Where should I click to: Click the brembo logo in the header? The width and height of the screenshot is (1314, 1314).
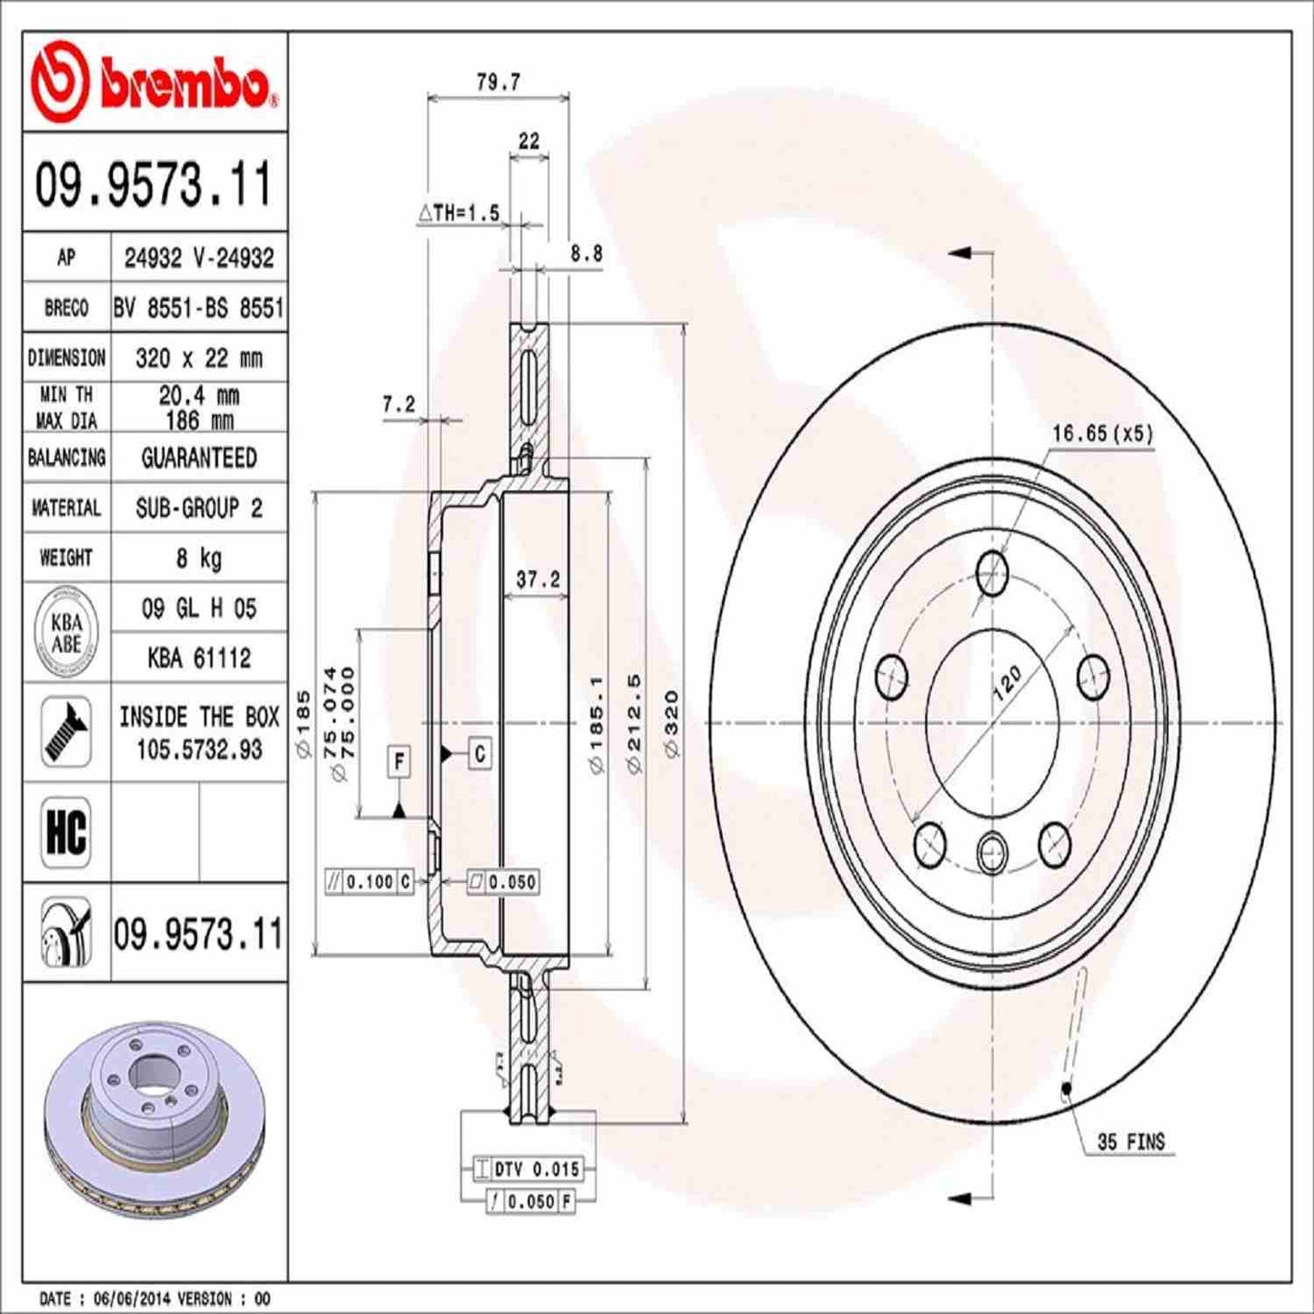153,82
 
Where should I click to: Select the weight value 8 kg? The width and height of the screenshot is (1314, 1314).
198,557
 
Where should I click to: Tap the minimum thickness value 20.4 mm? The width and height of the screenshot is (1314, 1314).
198,396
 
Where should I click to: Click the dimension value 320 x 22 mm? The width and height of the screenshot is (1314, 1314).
198,358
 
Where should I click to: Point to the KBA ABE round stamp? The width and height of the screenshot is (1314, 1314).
65,633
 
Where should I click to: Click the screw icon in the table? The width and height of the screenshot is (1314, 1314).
65,732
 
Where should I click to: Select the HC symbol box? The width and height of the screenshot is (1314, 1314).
65,831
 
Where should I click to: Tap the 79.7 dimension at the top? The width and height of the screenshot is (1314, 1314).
498,82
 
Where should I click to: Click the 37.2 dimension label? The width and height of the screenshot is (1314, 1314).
537,579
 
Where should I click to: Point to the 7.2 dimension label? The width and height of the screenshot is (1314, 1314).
398,405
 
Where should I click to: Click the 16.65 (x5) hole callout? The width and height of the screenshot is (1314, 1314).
1101,434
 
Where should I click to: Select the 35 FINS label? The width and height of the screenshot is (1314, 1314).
1130,1141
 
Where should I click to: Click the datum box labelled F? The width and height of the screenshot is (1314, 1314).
398,760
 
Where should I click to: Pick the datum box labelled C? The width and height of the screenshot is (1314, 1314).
479,753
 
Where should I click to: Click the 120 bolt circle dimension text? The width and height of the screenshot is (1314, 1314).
1007,682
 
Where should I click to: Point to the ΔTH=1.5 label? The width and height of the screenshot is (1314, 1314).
459,213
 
